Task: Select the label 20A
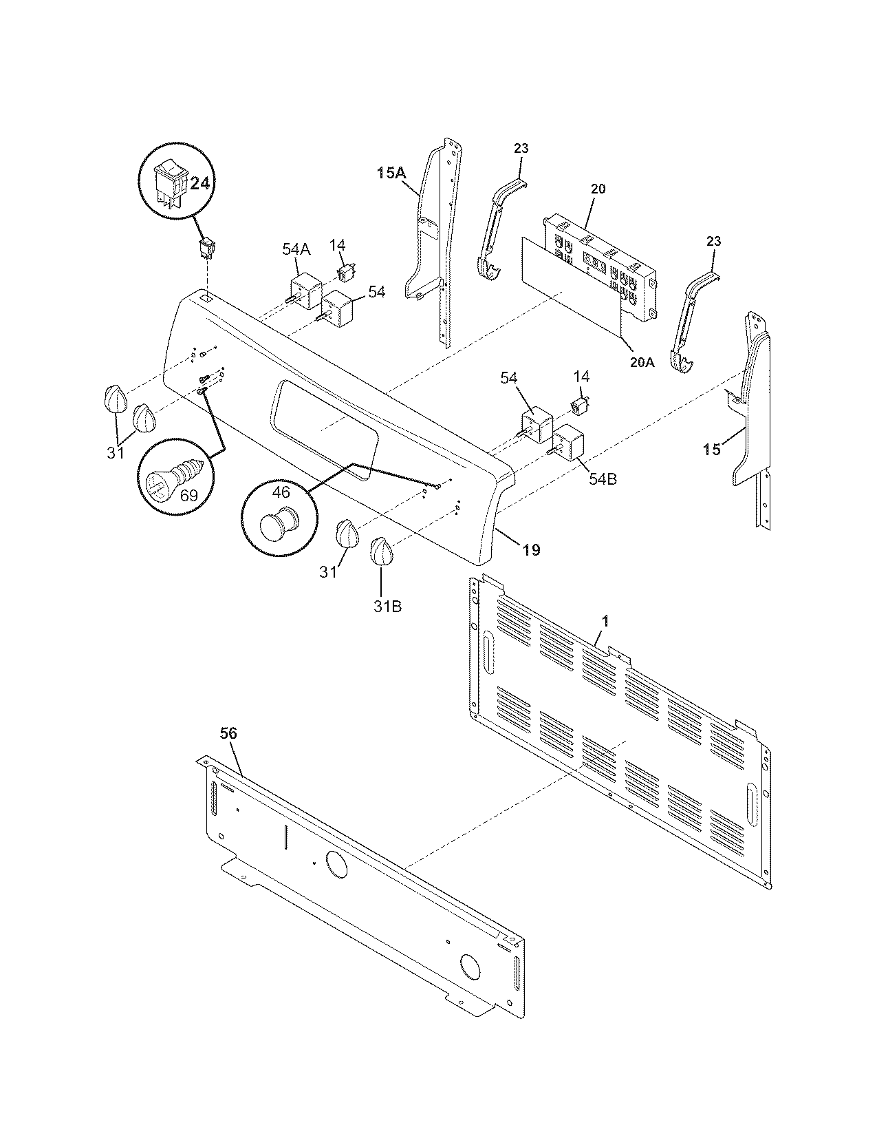tap(641, 361)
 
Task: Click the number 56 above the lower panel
tap(228, 734)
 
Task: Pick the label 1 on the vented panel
tap(605, 621)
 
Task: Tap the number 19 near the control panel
tap(530, 549)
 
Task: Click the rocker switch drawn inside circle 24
tap(171, 178)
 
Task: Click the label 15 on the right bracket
tap(713, 449)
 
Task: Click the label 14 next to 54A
tap(337, 245)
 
